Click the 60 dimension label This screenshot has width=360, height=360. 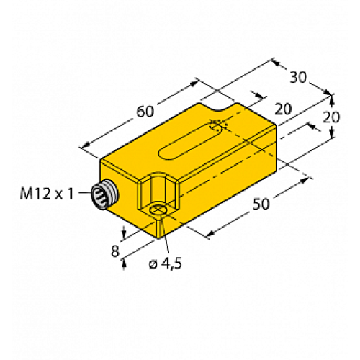pyautogui.click(x=144, y=112)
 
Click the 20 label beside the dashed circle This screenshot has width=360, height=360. pyautogui.click(x=282, y=108)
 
